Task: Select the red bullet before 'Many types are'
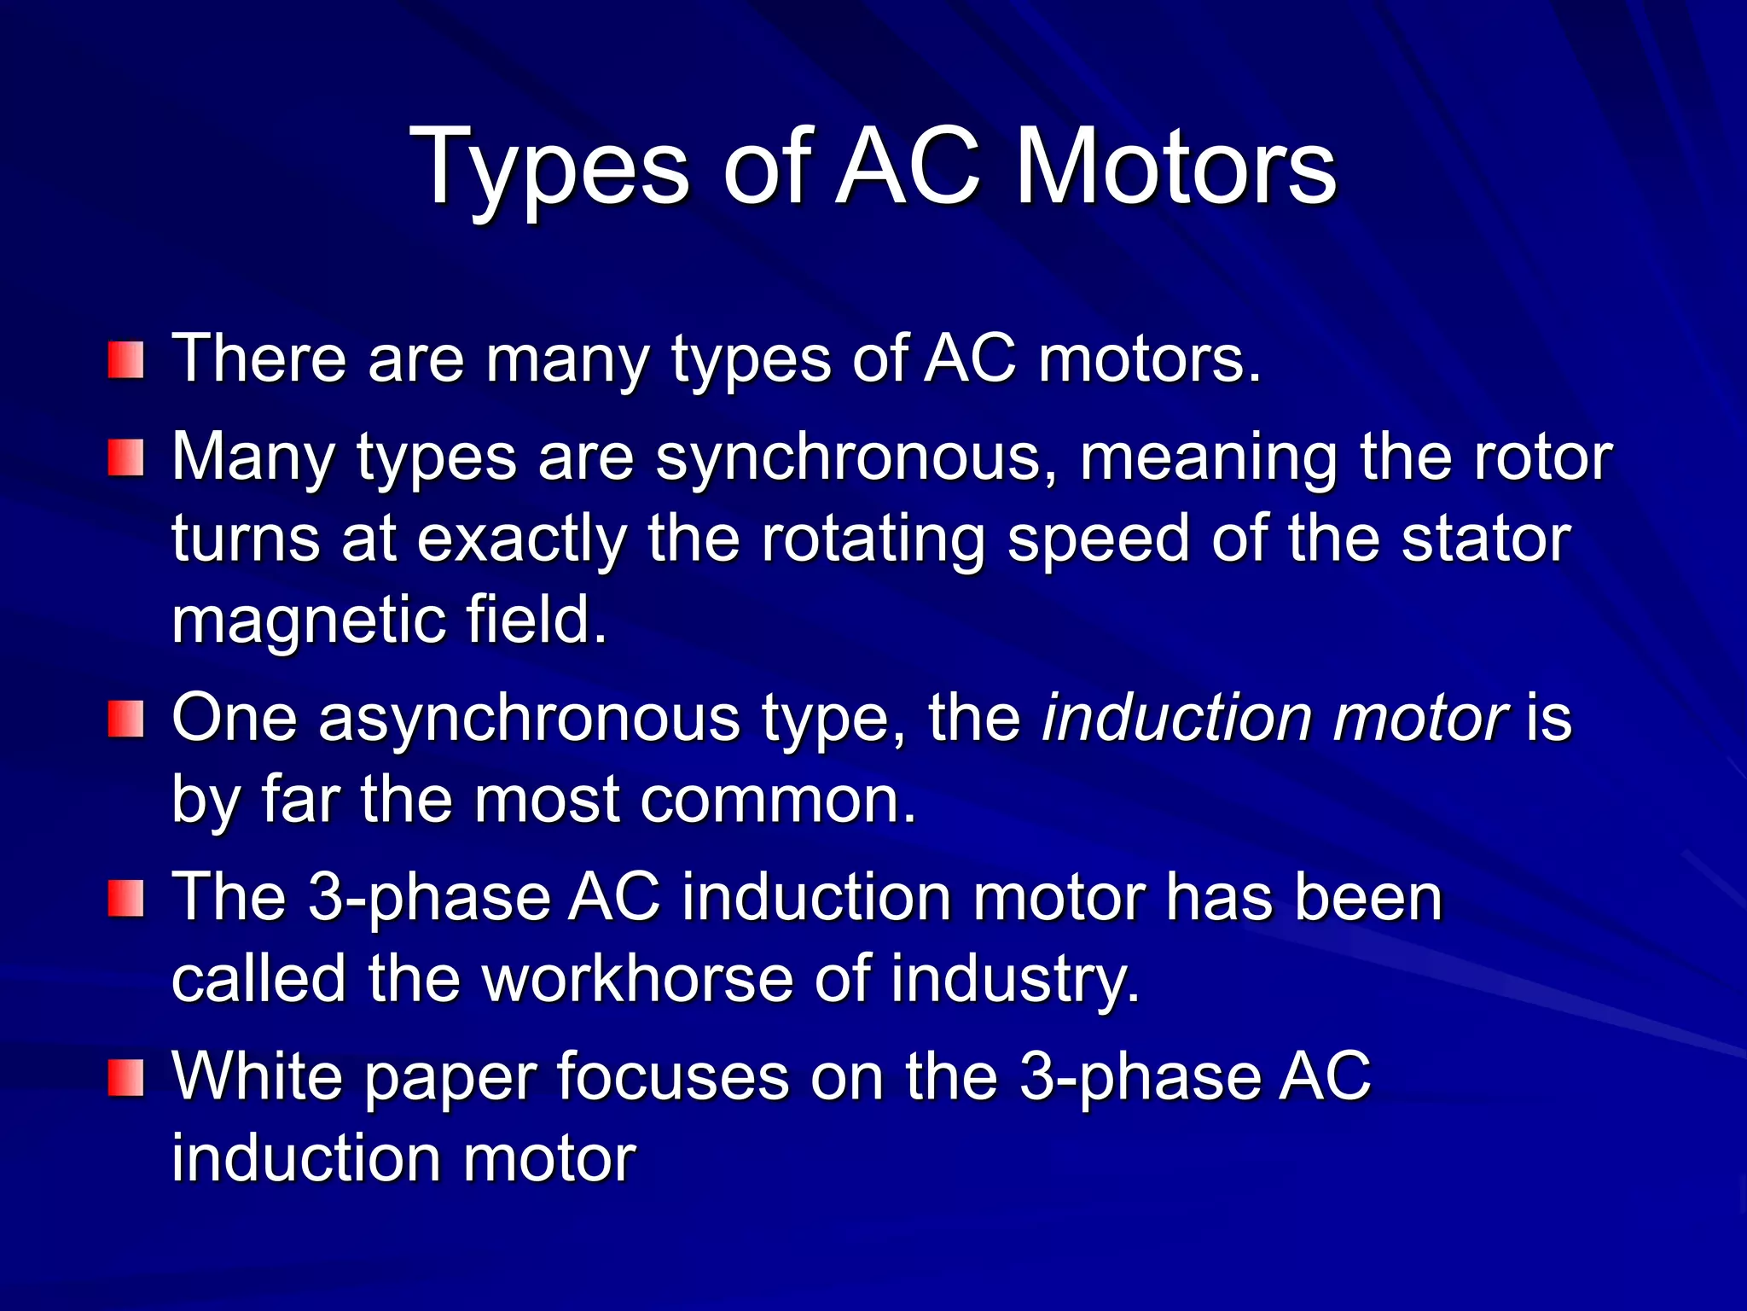tap(125, 458)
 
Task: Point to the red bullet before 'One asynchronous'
tap(125, 719)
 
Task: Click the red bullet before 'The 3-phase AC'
tap(125, 900)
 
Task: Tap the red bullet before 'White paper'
tap(125, 1078)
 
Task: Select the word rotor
tap(1543, 458)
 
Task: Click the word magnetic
tap(308, 621)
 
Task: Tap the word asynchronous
tap(529, 719)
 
